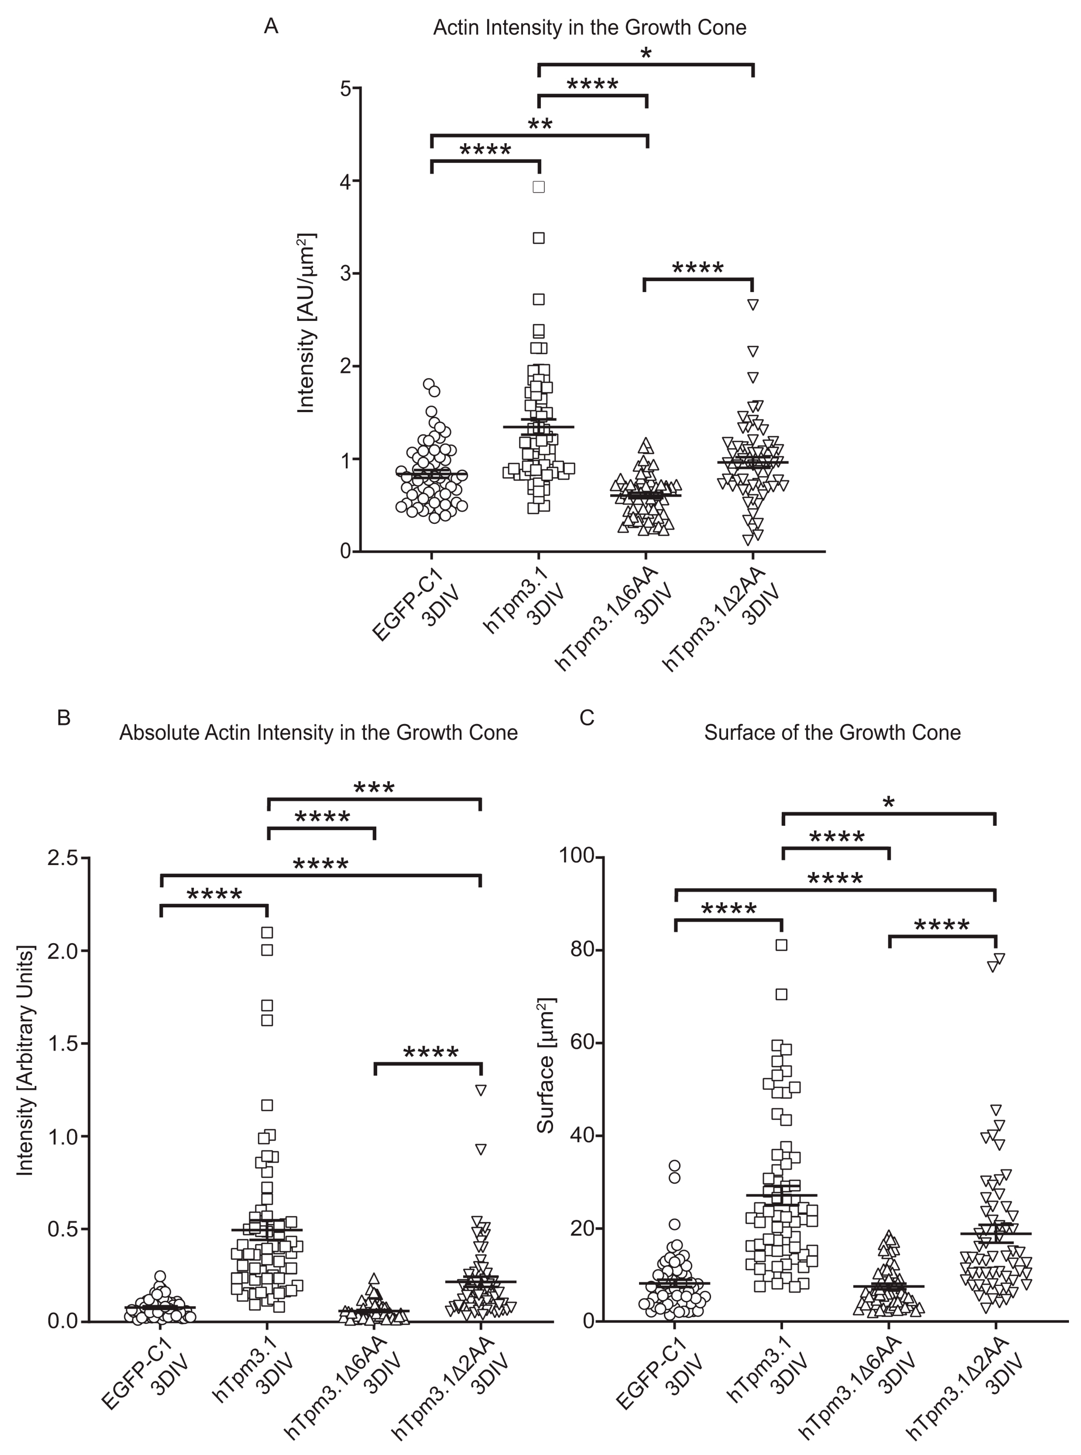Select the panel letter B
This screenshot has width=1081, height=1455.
64,718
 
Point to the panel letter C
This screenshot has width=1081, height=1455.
587,718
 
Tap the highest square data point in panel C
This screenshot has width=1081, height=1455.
781,945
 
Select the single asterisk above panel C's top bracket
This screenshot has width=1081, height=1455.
888,803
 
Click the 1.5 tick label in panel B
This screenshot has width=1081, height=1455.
64,1043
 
